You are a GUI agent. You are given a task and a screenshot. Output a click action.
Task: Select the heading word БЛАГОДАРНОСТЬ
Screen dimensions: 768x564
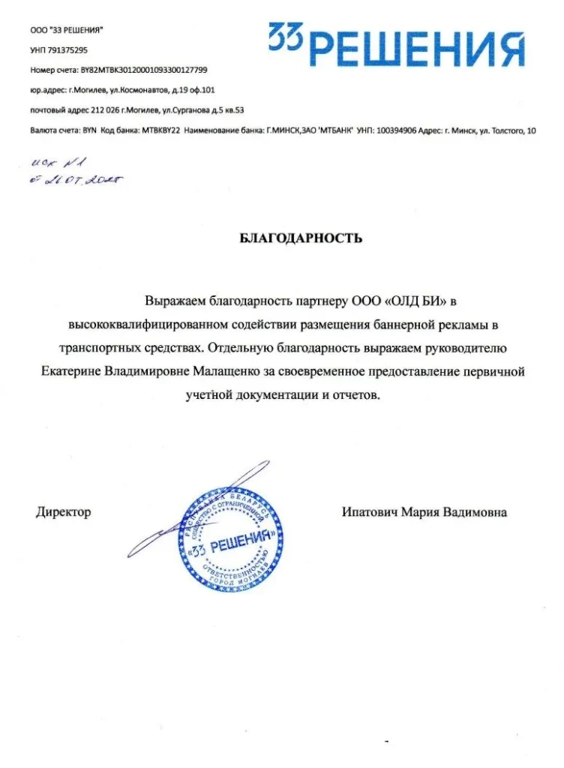[x=301, y=238]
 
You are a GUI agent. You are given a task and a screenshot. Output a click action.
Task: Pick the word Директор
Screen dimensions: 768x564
[x=64, y=512]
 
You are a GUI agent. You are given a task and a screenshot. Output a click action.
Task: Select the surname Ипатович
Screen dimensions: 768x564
[x=369, y=512]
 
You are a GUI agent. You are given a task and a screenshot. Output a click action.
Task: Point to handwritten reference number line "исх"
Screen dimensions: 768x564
[x=55, y=161]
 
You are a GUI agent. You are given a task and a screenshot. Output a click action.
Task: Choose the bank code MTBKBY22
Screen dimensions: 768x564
[x=161, y=130]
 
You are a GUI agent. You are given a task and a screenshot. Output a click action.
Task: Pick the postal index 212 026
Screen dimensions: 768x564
[x=106, y=110]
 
